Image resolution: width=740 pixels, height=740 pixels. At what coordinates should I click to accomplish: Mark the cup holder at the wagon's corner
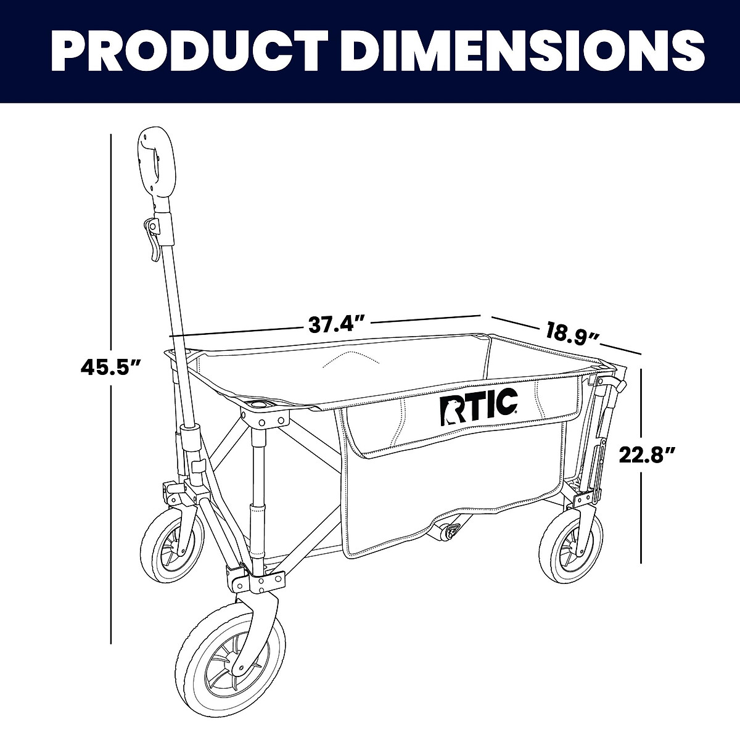(260, 405)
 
